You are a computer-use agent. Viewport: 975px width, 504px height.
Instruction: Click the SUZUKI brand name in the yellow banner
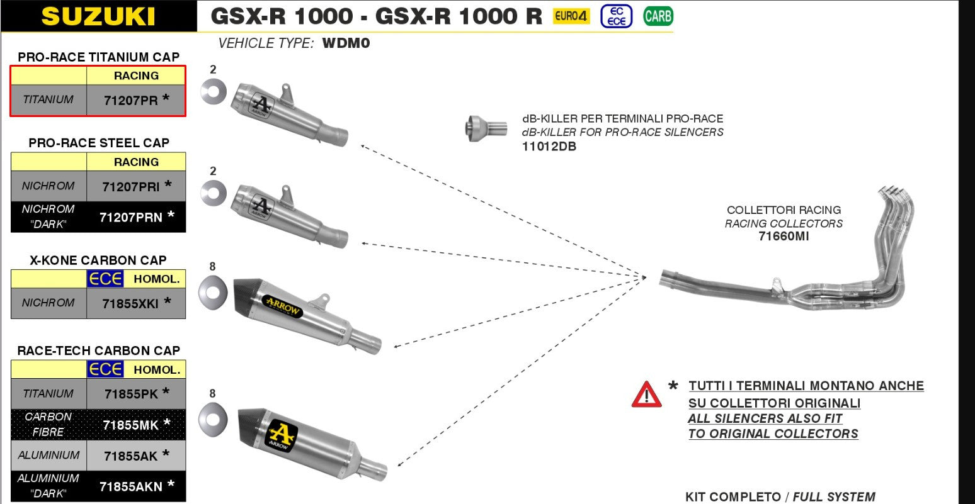coord(98,16)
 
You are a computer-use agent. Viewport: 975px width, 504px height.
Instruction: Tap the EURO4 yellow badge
coord(571,16)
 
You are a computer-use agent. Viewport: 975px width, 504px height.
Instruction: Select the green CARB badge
coord(658,16)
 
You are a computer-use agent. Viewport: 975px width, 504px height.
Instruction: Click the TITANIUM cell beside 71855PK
coord(48,394)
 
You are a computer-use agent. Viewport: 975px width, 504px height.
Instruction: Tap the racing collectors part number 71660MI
coord(784,237)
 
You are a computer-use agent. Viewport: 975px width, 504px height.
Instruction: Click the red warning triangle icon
coord(646,395)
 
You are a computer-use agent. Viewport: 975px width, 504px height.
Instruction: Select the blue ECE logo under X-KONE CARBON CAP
coord(105,279)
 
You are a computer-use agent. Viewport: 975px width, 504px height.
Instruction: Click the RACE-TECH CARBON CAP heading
coord(98,350)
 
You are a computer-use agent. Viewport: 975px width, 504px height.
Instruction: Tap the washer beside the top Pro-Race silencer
coord(213,92)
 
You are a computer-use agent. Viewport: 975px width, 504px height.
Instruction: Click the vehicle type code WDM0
coord(346,43)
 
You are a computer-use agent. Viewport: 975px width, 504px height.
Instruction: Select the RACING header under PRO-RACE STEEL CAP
coord(136,162)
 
